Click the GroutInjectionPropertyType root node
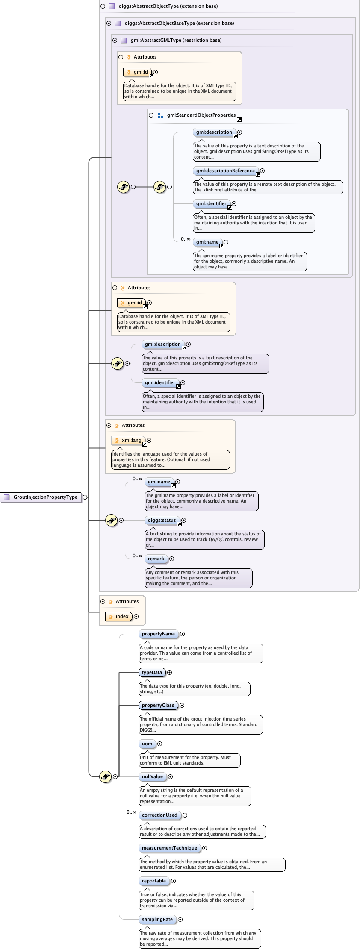(41, 497)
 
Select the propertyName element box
(158, 634)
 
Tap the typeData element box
(152, 672)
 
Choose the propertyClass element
(158, 705)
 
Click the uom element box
(147, 744)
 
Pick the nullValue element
(152, 776)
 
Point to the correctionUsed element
(159, 815)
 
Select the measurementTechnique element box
(169, 848)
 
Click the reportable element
(153, 881)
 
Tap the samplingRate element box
(157, 919)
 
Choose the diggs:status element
(161, 520)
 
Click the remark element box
(156, 559)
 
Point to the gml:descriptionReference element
(225, 171)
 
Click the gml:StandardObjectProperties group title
(201, 115)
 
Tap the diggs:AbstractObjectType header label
(168, 6)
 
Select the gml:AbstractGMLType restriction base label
(176, 40)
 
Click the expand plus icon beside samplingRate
(180, 919)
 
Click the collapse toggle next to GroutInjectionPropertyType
(85, 497)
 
